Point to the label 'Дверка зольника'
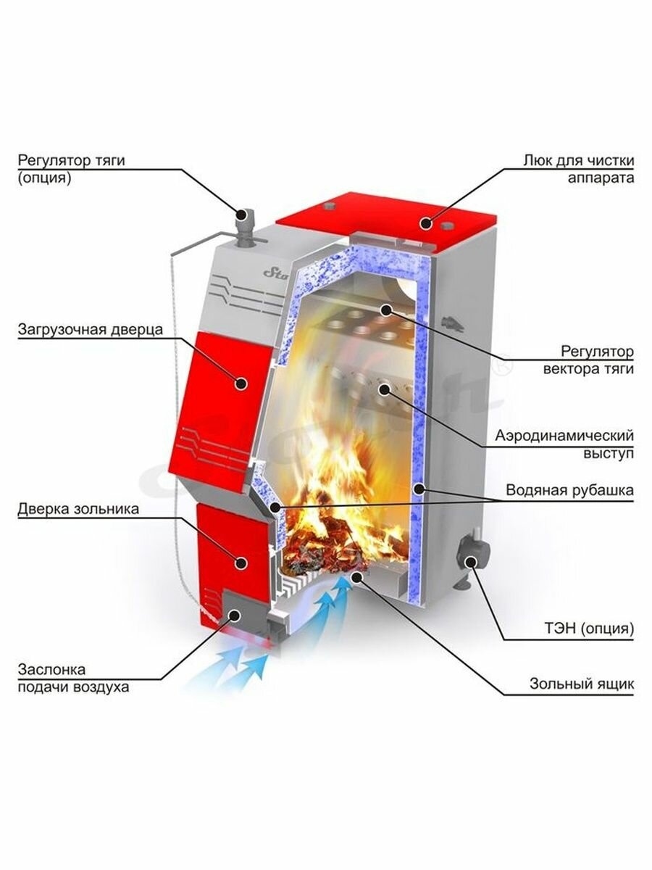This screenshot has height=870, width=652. point(78,510)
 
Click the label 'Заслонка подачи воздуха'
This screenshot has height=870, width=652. point(74,678)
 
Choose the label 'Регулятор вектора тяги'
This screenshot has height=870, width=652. point(588,360)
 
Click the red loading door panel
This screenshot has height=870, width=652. point(221,406)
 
